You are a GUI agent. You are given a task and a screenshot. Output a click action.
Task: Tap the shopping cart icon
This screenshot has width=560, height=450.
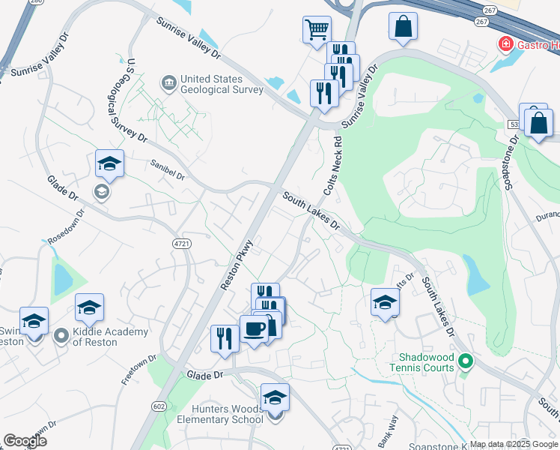[317, 30]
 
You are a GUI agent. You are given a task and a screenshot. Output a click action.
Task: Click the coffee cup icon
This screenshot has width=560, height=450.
[255, 329]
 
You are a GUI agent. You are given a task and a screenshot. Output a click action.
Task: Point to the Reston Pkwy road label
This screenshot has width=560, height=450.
[239, 265]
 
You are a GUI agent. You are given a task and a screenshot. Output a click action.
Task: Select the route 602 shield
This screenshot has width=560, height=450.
[158, 406]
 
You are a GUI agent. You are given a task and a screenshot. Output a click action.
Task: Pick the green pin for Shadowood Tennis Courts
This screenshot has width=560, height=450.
[465, 363]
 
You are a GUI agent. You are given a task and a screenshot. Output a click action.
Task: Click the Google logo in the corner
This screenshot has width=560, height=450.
[25, 441]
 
